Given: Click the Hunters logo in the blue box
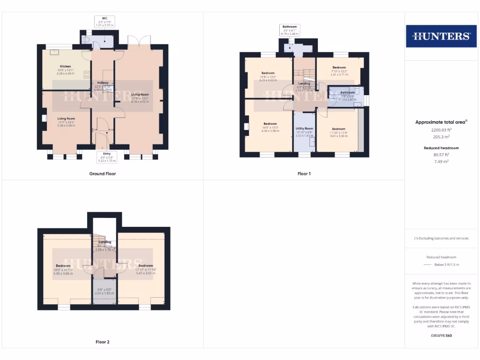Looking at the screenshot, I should point(441,36).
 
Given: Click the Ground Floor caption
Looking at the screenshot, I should point(103,173).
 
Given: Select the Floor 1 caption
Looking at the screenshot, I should point(304,173).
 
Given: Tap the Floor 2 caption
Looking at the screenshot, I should point(103,342).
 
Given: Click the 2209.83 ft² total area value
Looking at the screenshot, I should point(441,130).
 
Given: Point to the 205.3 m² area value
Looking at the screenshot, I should point(441,137).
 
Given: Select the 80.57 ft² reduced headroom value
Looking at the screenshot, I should point(441,154).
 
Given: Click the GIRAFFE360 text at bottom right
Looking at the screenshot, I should point(441,336).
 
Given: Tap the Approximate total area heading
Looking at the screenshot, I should point(441,122).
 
